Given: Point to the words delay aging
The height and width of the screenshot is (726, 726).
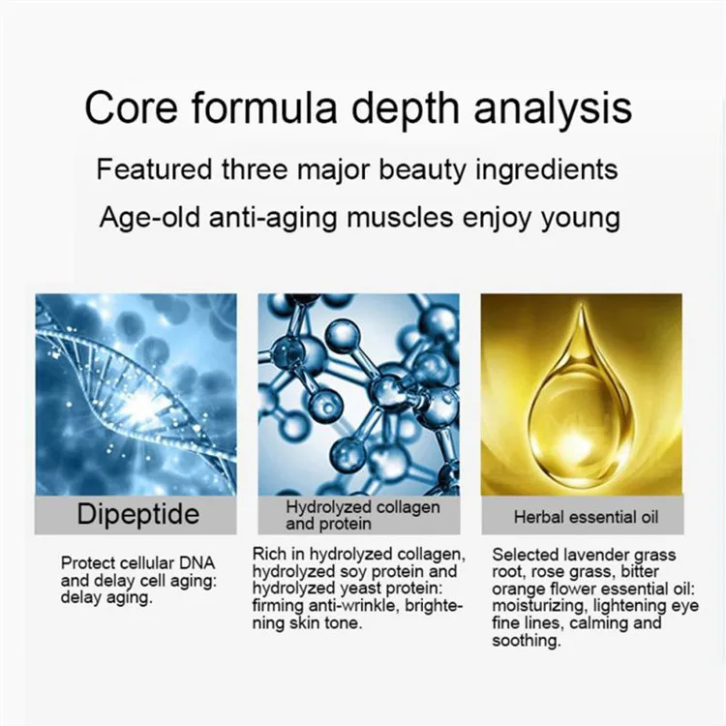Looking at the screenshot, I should click(106, 598).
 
